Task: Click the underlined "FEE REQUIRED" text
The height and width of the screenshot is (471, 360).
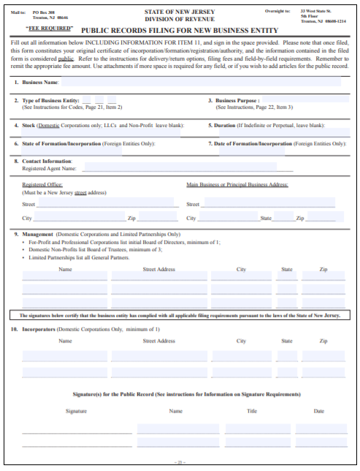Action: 50,28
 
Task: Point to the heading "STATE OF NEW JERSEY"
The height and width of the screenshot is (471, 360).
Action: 180,12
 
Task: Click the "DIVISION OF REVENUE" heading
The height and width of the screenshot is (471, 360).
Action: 180,20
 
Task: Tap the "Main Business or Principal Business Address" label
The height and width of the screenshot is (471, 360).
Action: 237,185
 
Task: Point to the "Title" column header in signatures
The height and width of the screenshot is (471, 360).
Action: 251,411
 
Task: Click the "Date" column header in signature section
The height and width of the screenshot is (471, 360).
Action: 319,411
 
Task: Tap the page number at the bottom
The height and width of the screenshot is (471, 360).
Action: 180,462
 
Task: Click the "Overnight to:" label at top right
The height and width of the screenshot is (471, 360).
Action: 280,12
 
